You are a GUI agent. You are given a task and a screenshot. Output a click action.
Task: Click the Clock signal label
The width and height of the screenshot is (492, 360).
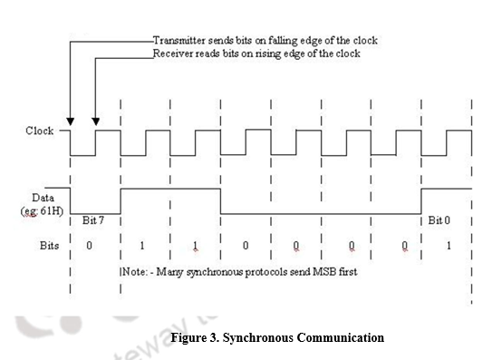tap(40, 131)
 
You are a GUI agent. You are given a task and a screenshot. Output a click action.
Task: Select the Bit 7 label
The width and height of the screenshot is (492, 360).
tap(94, 221)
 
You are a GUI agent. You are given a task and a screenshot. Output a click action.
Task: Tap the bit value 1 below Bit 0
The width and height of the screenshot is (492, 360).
tap(448, 246)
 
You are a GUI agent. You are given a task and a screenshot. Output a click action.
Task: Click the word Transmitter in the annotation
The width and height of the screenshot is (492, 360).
tap(180, 41)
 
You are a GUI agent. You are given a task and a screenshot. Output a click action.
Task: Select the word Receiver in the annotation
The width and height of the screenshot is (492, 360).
tap(175, 54)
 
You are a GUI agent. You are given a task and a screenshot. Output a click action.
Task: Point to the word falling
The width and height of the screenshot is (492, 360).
tap(284, 41)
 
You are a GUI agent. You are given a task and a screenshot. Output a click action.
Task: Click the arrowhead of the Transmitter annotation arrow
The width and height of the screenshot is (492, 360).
tap(71, 122)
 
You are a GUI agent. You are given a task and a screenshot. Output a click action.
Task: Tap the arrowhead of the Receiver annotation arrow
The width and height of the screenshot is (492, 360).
tap(95, 122)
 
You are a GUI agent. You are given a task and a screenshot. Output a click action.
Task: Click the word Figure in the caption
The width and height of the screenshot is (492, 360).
tap(186, 338)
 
